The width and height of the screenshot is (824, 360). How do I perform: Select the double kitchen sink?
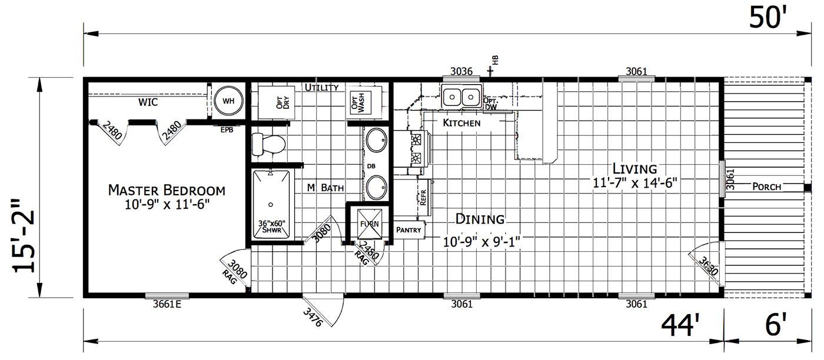(461, 96)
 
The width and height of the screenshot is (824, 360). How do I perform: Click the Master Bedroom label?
(167, 191)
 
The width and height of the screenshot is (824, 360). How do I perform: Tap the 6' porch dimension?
(776, 325)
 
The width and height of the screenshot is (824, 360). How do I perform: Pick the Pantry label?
(408, 230)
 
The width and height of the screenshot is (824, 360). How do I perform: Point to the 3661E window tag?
(167, 304)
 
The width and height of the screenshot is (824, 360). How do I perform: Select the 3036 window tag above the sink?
(461, 72)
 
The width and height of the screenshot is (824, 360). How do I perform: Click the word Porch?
(767, 187)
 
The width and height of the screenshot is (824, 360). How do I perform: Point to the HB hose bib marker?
(496, 61)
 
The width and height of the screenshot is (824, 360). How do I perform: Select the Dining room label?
(480, 219)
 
